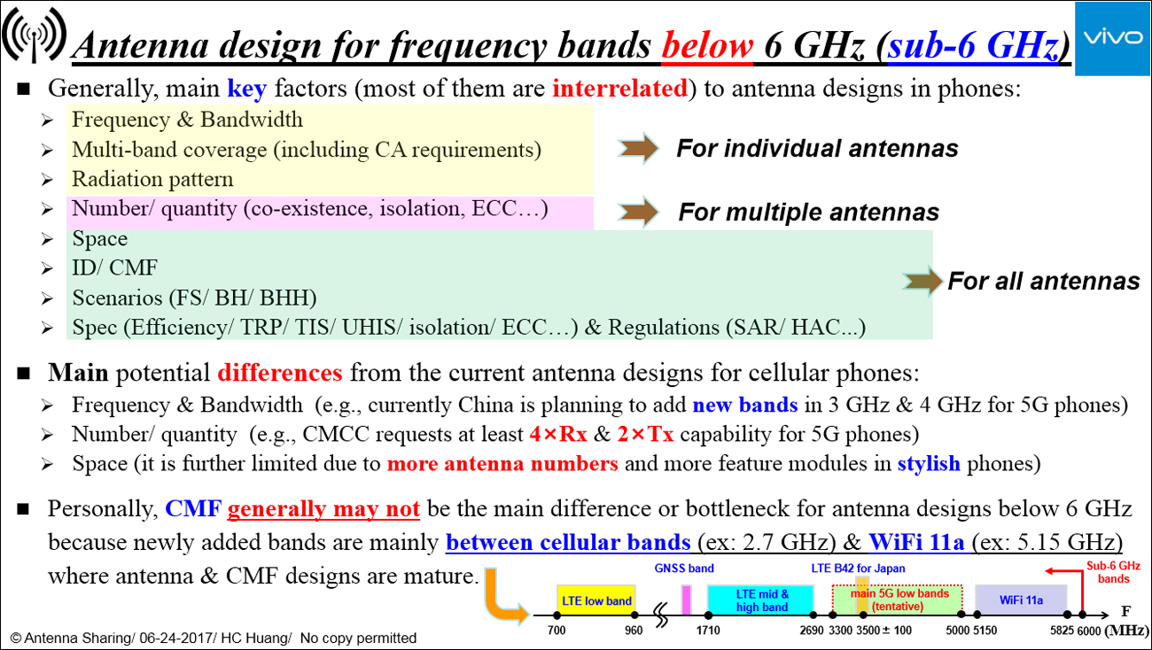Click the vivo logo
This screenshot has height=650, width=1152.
coord(1112,39)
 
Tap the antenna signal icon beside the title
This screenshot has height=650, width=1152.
coord(34,35)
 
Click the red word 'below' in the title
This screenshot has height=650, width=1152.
coord(707,45)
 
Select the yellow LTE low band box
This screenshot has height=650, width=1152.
coord(596,600)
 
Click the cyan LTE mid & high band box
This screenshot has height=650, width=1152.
coord(761,600)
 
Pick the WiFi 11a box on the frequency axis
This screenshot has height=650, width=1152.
coord(1022,600)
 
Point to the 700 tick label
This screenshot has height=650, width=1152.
coord(557,631)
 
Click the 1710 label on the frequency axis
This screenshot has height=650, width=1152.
coord(708,631)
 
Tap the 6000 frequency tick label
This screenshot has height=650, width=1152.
coord(1089,631)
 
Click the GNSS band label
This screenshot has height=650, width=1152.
coord(684,569)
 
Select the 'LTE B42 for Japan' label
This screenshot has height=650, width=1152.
coord(858,569)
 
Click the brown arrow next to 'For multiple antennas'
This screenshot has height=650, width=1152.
coord(638,212)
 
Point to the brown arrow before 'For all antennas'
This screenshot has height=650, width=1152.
coord(922,281)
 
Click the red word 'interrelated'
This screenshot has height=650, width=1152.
coord(619,88)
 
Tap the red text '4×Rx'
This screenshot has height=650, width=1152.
coord(558,434)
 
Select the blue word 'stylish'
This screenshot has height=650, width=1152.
coord(929,463)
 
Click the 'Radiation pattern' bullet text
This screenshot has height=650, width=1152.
coord(152,180)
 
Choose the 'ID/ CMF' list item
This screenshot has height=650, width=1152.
coord(114,267)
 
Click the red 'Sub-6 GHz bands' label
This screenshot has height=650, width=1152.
coord(1113,572)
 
